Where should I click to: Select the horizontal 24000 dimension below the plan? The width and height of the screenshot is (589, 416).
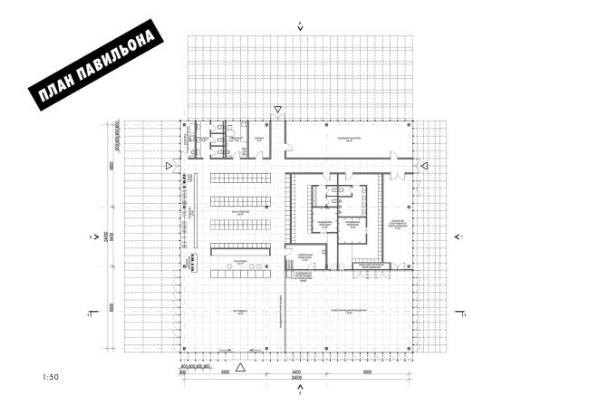pos(296,377)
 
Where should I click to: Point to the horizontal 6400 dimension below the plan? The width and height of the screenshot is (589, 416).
pos(295,372)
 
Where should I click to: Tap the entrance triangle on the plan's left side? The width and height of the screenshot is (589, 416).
pos(169,166)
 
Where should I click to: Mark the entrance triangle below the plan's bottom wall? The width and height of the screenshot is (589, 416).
pos(240,367)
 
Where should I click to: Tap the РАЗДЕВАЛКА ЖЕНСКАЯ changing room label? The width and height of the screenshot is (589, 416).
pos(322,224)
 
